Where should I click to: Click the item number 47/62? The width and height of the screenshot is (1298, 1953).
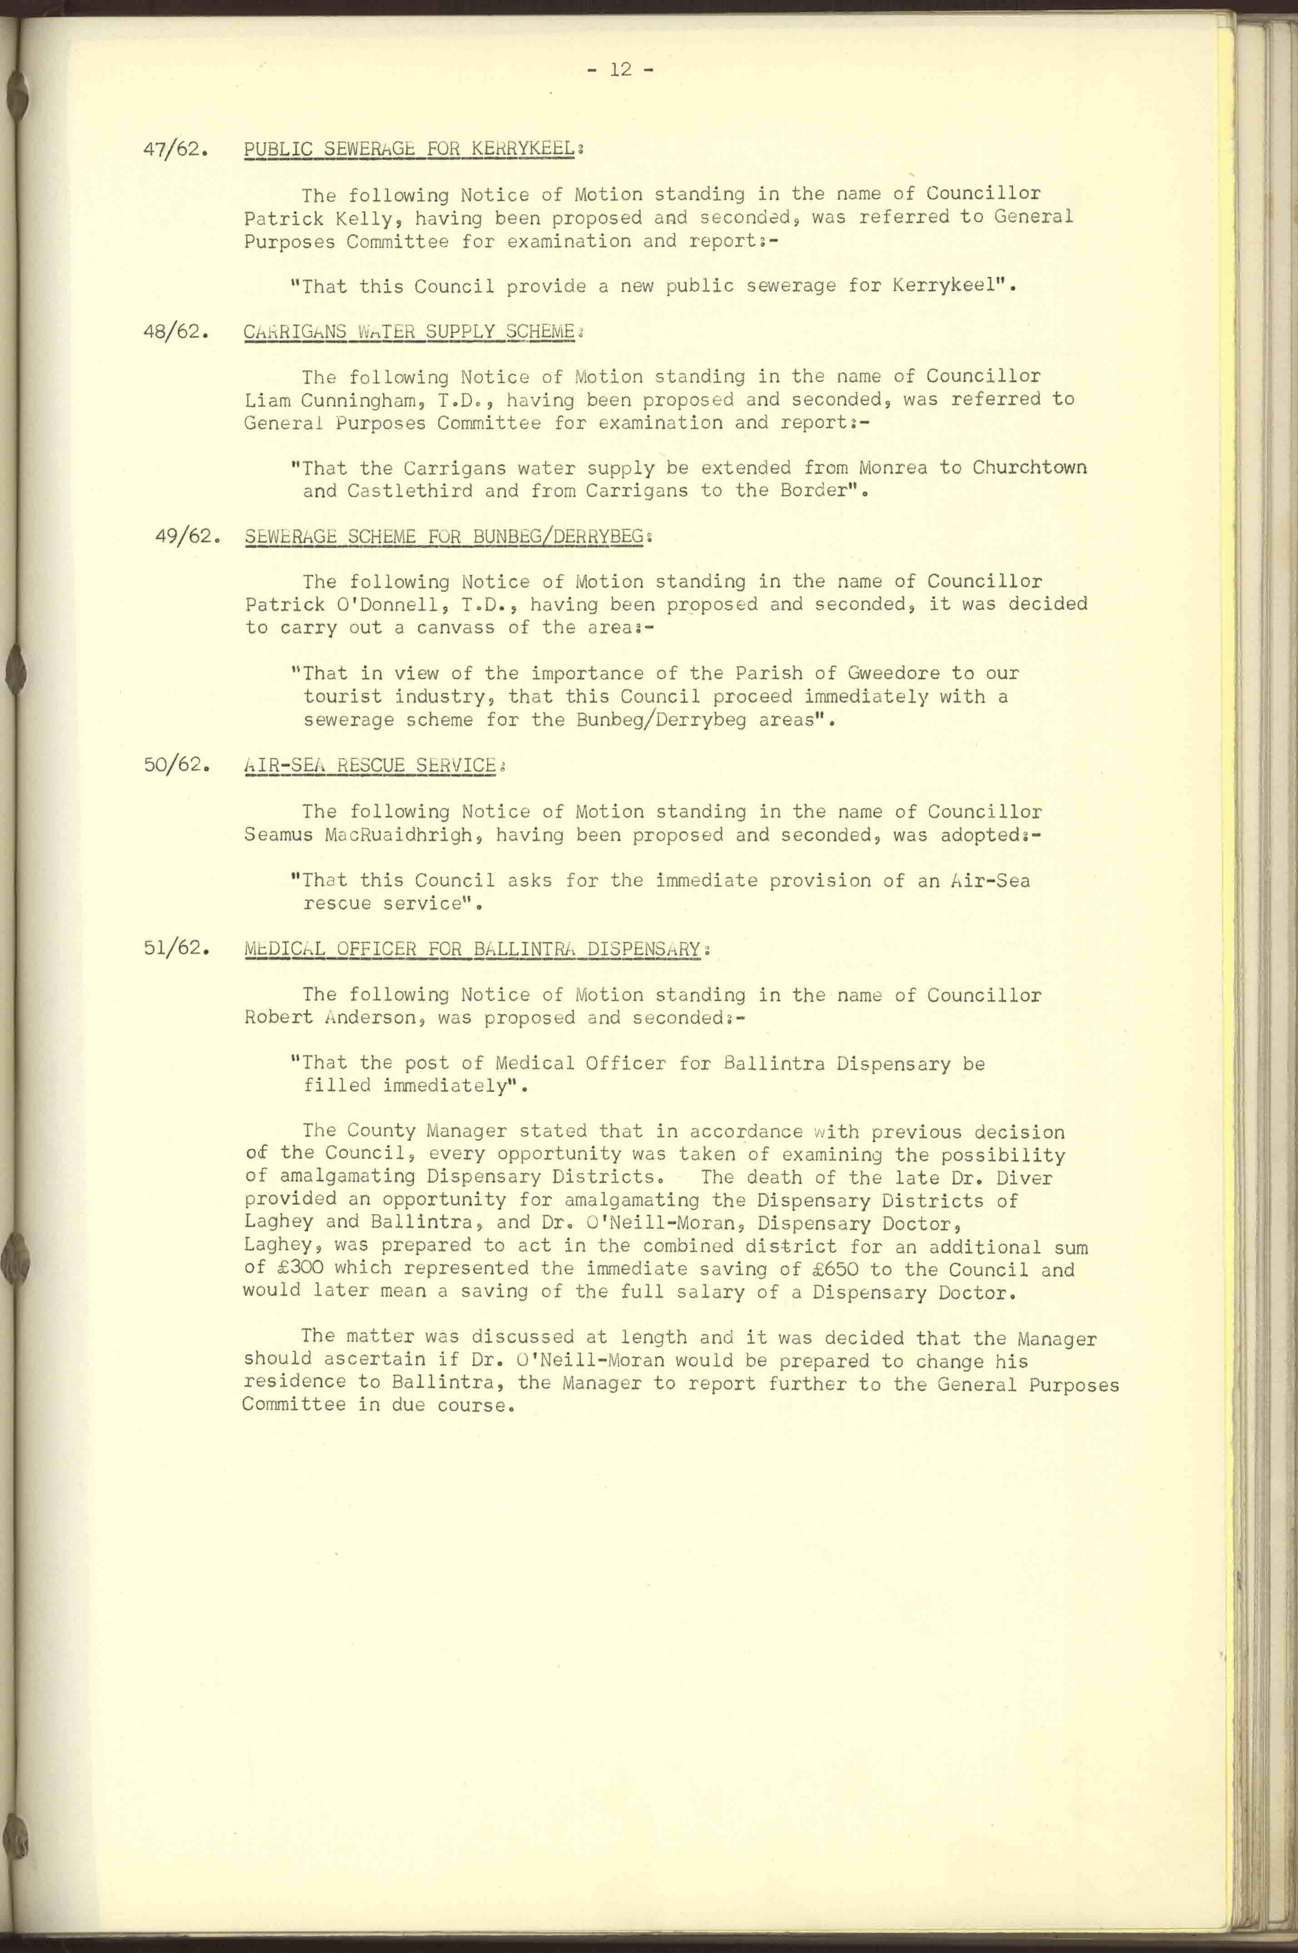pos(175,151)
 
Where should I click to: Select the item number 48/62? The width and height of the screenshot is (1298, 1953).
pos(175,333)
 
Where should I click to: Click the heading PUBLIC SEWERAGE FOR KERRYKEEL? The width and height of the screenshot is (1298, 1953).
pos(409,149)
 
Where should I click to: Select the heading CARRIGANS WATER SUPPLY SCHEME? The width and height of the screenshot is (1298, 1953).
pos(409,332)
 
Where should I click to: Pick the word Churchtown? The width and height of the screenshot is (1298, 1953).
pos(1029,468)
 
